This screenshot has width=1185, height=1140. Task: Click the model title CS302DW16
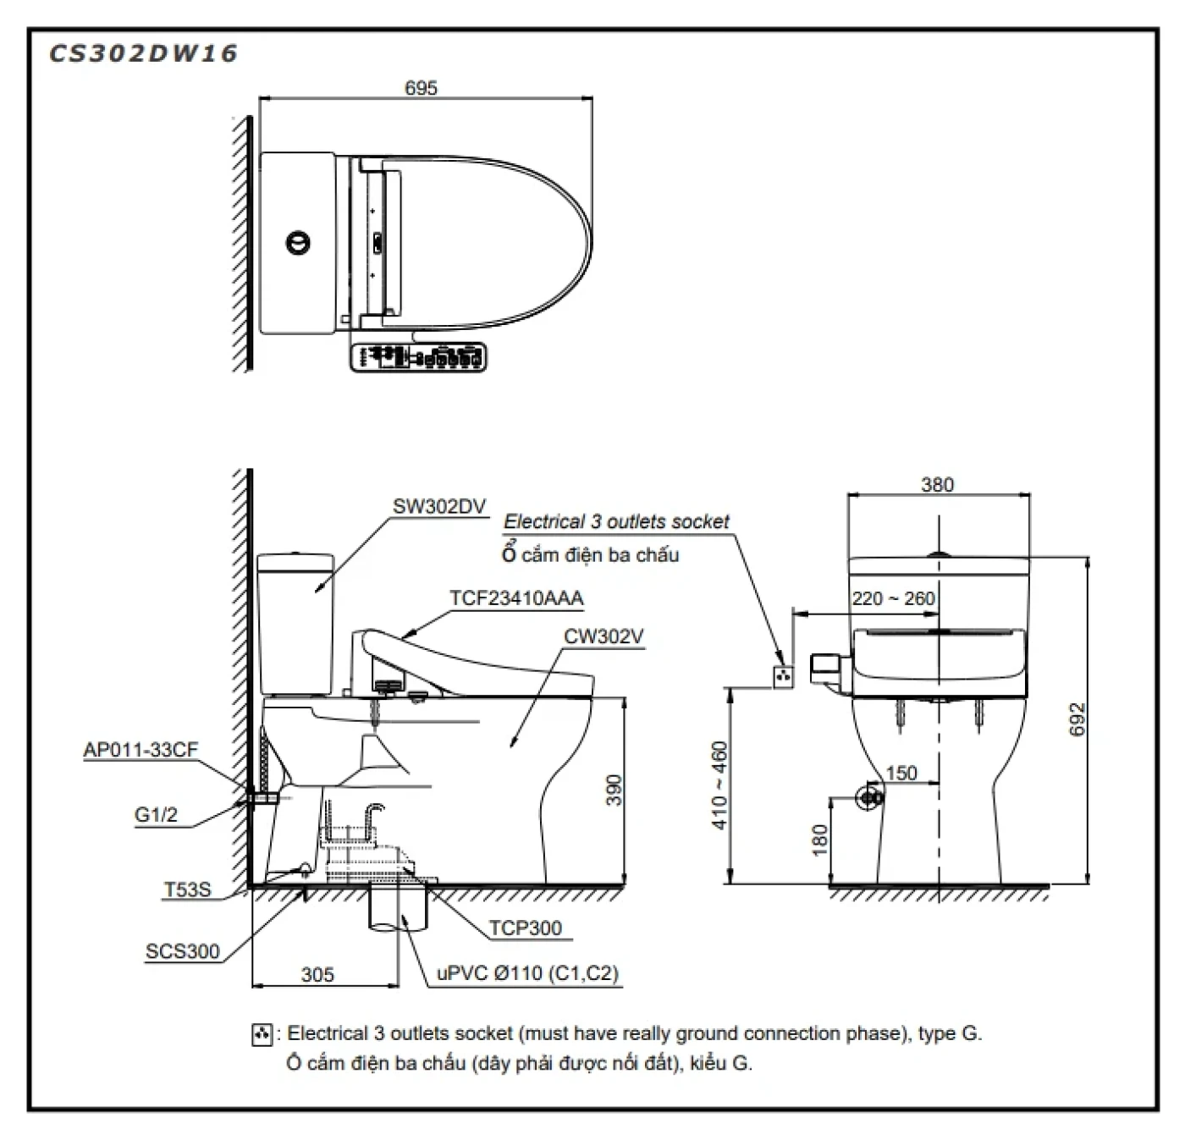[143, 54]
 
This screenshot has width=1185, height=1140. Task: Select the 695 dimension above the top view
[421, 88]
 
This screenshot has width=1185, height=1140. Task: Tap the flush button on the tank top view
[298, 243]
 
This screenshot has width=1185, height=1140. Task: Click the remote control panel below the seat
[418, 357]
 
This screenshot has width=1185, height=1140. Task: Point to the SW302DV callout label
[438, 507]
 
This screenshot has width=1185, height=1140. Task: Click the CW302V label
[604, 636]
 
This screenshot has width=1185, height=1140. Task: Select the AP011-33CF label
[141, 751]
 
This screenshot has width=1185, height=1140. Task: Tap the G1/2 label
[157, 815]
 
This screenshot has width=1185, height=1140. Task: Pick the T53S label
[187, 889]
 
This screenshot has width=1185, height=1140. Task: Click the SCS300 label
[182, 951]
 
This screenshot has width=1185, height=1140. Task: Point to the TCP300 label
[525, 928]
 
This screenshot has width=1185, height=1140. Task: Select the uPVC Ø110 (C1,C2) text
[527, 974]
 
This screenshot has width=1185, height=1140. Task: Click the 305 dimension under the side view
[317, 975]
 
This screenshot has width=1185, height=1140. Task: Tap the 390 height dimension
[615, 790]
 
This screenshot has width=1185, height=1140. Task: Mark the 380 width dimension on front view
[937, 485]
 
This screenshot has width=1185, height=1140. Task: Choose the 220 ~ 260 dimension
[893, 599]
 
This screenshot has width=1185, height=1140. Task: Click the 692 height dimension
[1077, 719]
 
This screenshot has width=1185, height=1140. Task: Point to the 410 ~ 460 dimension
[719, 785]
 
